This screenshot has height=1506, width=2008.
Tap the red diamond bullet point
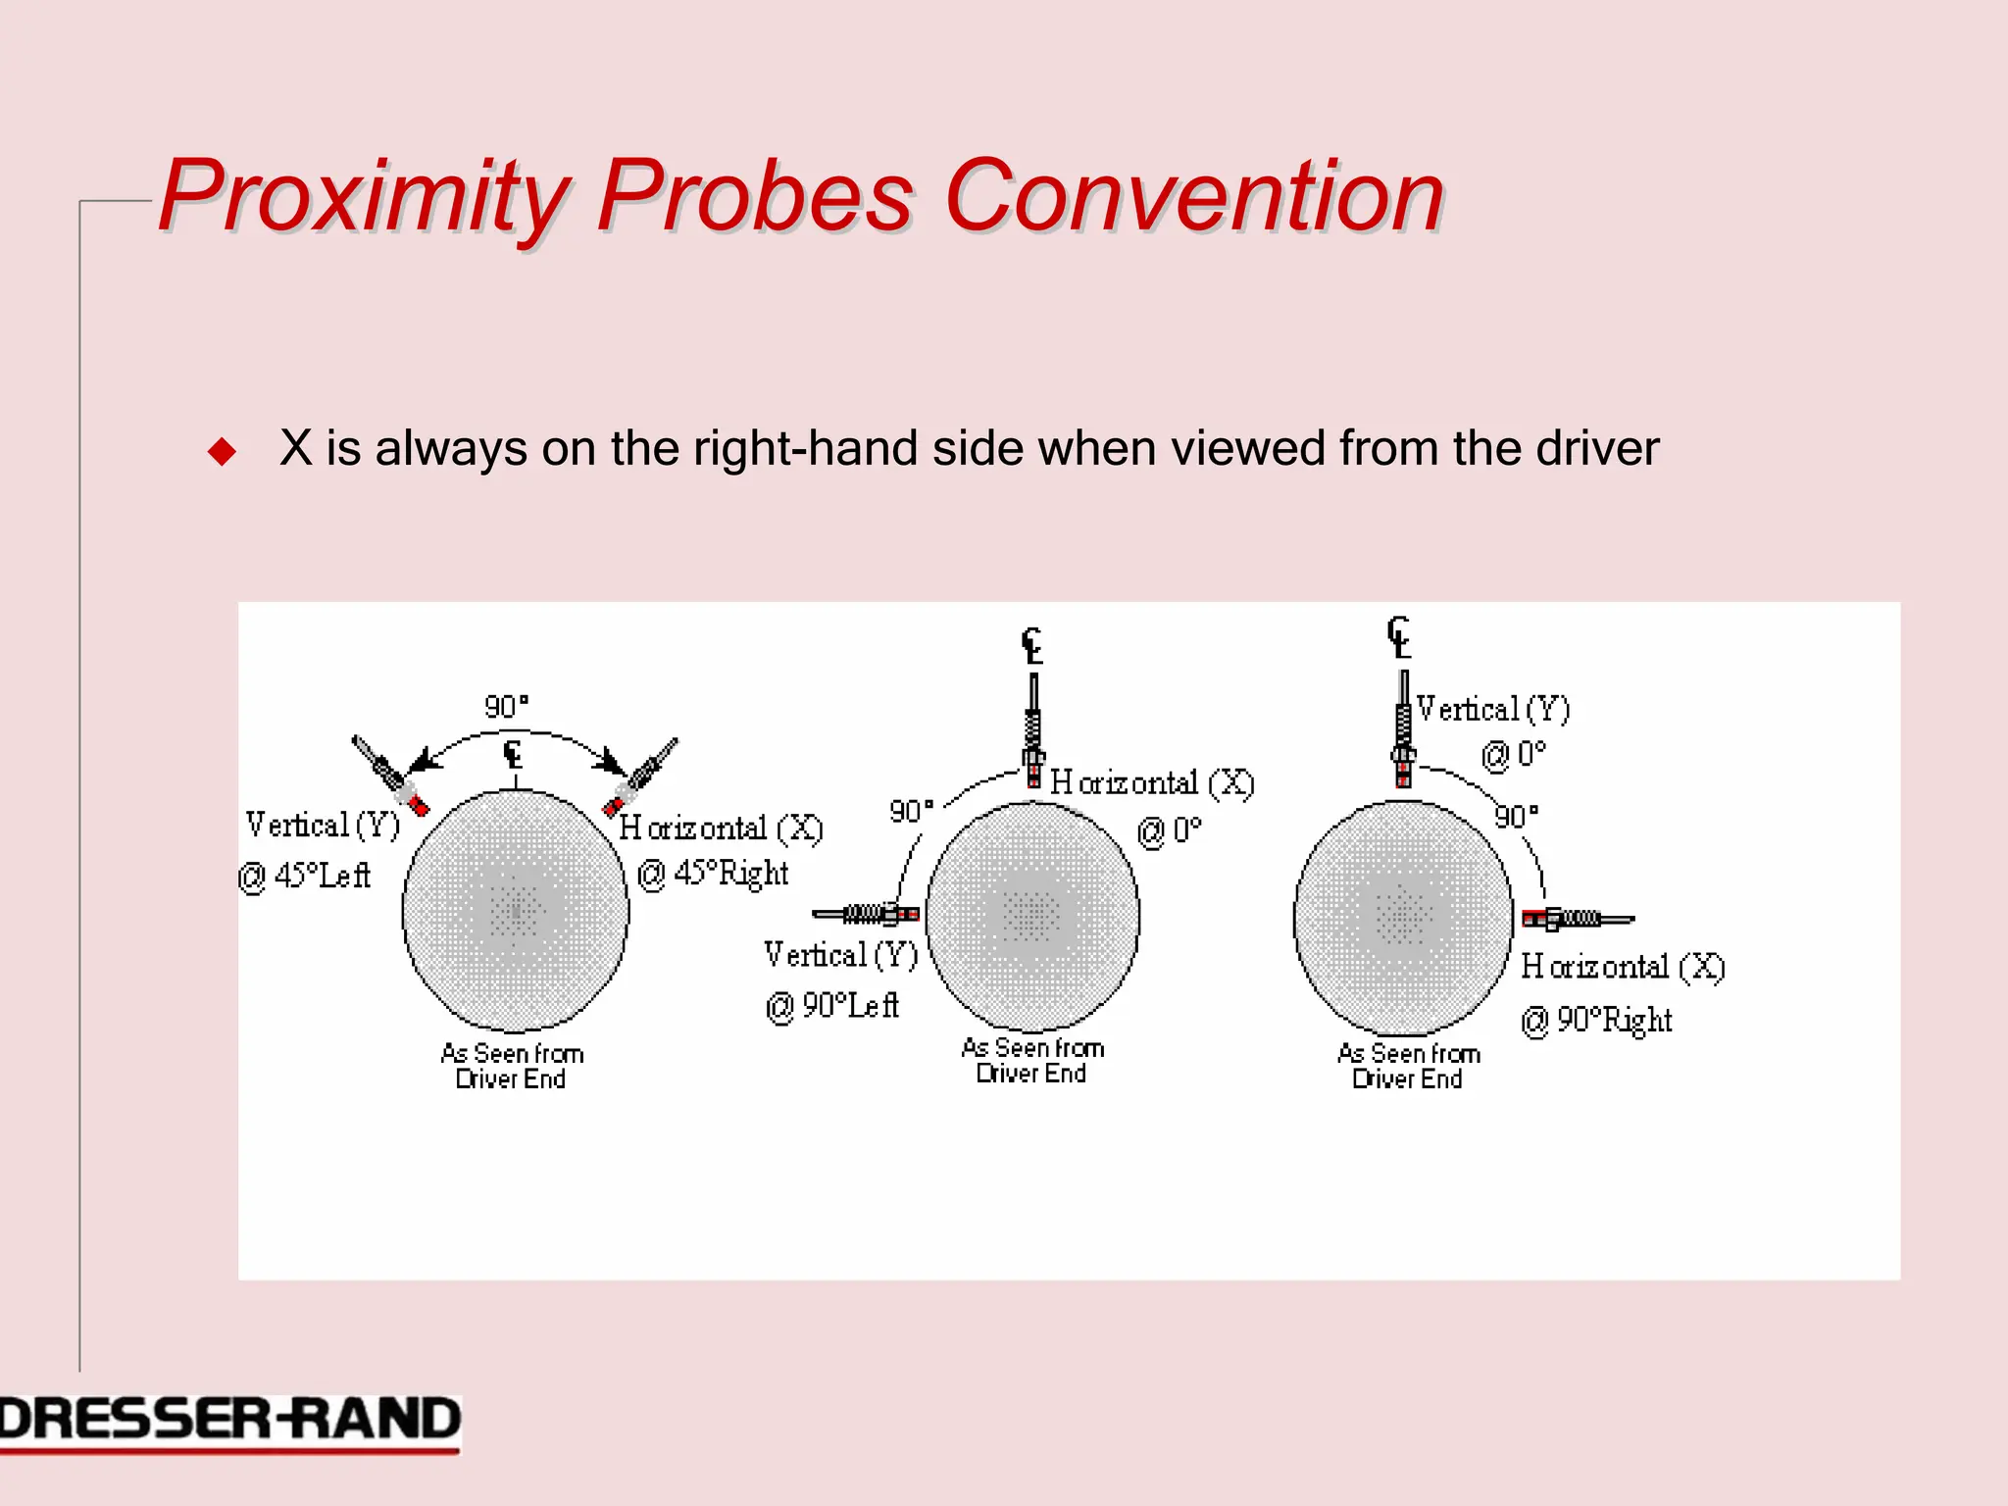pos(223,451)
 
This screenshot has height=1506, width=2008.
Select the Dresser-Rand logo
pos(229,1421)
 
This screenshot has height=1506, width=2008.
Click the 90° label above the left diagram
pos(506,707)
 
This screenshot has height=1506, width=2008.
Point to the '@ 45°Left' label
pos(305,875)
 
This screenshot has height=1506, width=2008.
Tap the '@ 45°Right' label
pos(713,873)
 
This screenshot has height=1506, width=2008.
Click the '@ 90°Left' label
pos(831,1005)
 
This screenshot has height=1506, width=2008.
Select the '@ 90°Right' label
pos(1596,1020)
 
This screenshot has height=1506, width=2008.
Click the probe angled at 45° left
pos(389,775)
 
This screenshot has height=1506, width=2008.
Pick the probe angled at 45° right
pos(641,775)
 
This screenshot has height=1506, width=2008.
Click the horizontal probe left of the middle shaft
pos(866,914)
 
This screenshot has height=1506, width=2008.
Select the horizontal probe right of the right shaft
pos(1577,919)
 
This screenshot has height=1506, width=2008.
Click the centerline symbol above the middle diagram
pos(1031,646)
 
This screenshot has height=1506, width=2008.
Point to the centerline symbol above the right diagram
pos(1399,637)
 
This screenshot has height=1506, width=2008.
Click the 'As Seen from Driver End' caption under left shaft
pos(512,1066)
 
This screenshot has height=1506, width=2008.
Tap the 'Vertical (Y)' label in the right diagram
pos(1493,709)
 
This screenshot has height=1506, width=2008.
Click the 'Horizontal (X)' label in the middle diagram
pos(1152,782)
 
